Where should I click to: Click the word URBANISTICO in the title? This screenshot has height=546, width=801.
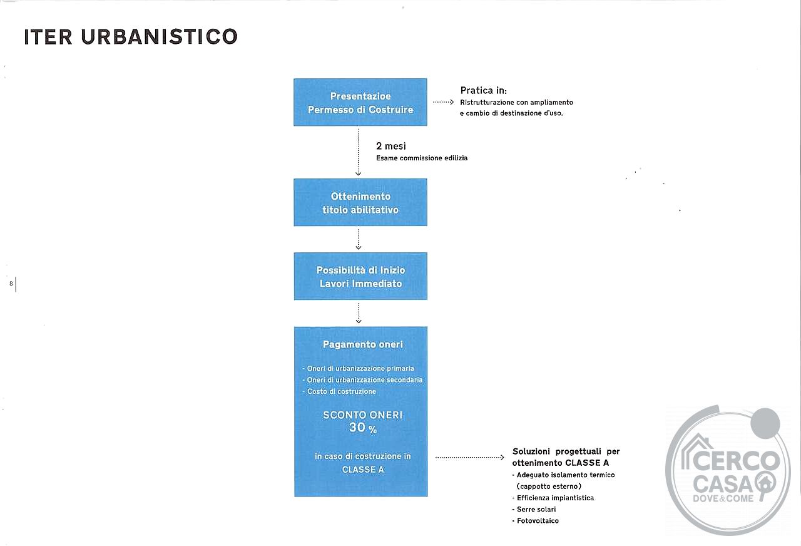(x=159, y=36)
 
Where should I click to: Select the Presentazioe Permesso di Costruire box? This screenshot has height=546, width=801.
(x=360, y=102)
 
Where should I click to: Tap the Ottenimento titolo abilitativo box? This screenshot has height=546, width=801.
(x=360, y=202)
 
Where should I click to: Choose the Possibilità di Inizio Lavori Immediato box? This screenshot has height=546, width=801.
(x=360, y=276)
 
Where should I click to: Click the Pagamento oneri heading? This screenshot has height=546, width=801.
(x=362, y=344)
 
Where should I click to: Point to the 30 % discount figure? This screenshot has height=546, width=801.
(x=362, y=428)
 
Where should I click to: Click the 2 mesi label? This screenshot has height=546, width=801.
(x=391, y=146)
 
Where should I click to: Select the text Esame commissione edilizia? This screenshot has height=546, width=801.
(x=422, y=158)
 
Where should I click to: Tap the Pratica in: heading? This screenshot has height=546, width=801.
(x=484, y=91)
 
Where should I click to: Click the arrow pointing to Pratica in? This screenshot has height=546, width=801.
(x=444, y=102)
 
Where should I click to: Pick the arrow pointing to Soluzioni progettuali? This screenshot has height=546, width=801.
(x=470, y=457)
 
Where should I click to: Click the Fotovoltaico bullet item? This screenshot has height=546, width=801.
(x=535, y=521)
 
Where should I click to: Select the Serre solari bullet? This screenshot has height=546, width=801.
(x=534, y=510)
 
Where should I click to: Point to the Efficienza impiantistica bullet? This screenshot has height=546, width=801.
(x=553, y=498)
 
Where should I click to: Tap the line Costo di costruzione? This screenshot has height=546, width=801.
(x=339, y=391)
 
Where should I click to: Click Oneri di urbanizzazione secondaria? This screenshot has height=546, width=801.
(x=362, y=380)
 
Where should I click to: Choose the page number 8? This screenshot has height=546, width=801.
(x=11, y=284)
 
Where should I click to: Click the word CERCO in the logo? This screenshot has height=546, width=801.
(x=736, y=461)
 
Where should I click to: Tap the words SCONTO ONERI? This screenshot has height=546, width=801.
(x=362, y=415)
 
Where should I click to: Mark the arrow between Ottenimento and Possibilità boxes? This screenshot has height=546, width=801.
(x=359, y=239)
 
